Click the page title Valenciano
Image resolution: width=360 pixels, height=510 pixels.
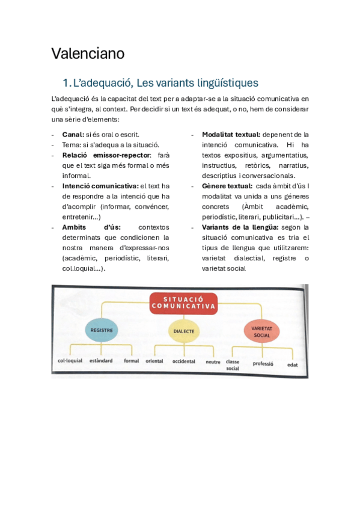click(x=88, y=54)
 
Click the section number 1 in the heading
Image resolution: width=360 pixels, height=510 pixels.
click(x=66, y=82)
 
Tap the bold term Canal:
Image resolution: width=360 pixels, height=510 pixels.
click(x=73, y=135)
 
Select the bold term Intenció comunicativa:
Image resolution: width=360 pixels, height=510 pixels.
click(x=100, y=186)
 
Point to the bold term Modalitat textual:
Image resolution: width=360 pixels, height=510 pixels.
click(x=231, y=135)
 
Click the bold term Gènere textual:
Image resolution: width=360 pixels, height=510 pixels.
click(x=227, y=186)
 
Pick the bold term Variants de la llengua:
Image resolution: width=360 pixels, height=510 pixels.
click(x=240, y=227)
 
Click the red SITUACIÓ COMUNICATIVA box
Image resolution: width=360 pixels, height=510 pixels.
click(x=183, y=302)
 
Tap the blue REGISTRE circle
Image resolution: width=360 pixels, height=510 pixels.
click(x=102, y=330)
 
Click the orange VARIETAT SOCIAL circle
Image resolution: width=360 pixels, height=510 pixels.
click(x=261, y=330)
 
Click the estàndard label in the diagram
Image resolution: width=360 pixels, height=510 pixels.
click(x=100, y=361)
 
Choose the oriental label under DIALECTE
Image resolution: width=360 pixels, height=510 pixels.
click(x=155, y=361)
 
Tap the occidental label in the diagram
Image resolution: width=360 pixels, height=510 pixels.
click(x=184, y=361)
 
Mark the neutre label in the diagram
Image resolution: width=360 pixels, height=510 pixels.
click(x=213, y=362)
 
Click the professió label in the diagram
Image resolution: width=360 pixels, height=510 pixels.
click(x=263, y=363)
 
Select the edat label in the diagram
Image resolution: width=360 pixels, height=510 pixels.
click(x=293, y=364)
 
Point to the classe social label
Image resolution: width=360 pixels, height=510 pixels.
click(x=233, y=365)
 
